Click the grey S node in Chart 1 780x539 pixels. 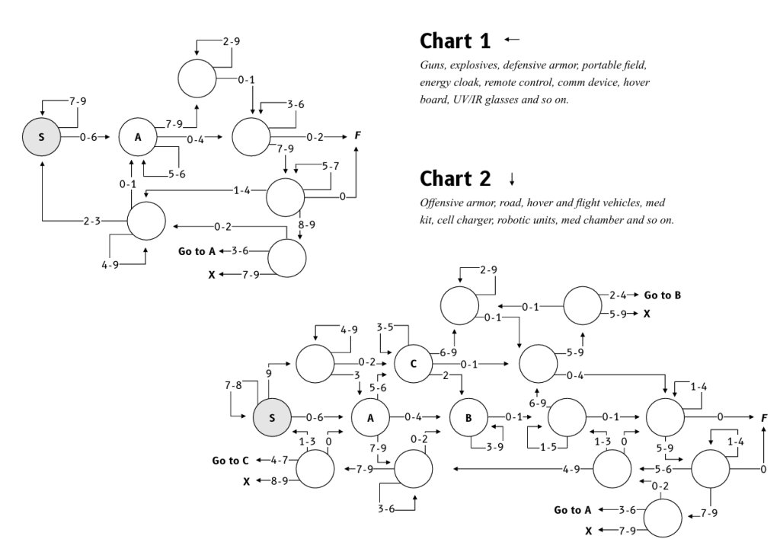(41, 138)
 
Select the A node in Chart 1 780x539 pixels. (138, 138)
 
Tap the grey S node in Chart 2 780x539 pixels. (273, 417)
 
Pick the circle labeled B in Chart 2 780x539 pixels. (468, 417)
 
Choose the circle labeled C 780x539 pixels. (414, 363)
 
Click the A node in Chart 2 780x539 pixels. (370, 417)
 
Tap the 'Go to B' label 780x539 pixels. (662, 294)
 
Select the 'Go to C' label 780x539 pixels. (230, 461)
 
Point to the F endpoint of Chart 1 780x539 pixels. (357, 137)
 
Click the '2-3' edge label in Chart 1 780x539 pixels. (92, 221)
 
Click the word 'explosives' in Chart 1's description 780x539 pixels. (472, 65)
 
